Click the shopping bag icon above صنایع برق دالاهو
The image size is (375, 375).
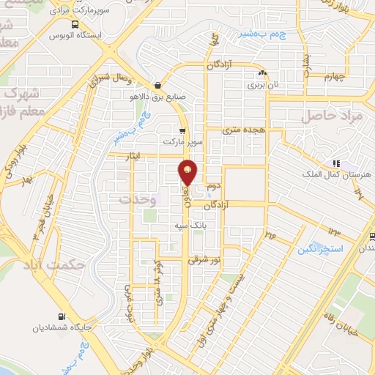click(157, 85)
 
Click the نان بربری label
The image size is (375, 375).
click(262, 86)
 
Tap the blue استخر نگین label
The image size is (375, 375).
click(321, 250)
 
